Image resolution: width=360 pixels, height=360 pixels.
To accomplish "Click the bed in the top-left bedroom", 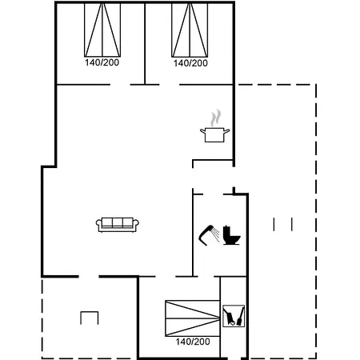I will [x=101, y=30].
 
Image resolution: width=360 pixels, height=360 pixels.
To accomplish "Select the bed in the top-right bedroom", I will [x=190, y=30].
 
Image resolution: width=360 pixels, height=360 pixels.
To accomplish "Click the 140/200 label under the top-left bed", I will [x=101, y=62].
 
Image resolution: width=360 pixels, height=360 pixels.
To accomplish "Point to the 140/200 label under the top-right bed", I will [x=190, y=62].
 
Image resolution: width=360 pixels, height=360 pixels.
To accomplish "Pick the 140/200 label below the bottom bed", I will [x=192, y=342].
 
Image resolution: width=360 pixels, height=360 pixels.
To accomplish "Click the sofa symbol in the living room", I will [x=118, y=225].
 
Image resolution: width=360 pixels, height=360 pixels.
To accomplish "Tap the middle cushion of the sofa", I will [x=118, y=223].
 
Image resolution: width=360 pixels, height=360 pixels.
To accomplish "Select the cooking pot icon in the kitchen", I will [x=214, y=134].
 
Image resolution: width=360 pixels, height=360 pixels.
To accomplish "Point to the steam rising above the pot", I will [x=214, y=118].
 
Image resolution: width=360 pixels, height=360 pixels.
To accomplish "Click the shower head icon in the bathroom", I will [x=210, y=234].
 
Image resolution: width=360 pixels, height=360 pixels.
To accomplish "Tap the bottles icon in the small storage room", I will [x=234, y=316].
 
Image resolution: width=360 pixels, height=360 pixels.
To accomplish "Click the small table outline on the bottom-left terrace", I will [x=89, y=318].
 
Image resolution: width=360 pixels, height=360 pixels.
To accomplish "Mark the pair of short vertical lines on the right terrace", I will [x=283, y=224].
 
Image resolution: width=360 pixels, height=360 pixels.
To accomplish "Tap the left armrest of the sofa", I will [x=99, y=225].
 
